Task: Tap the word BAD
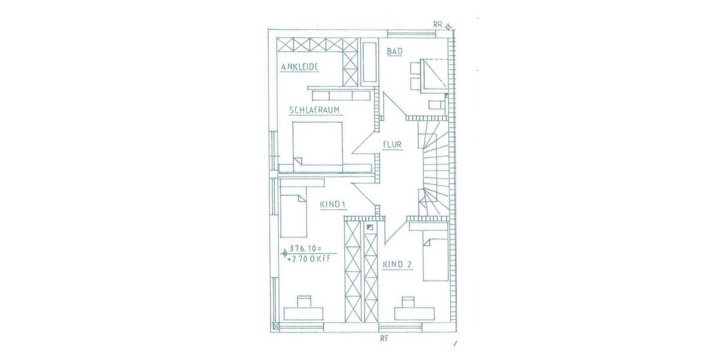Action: click(x=394, y=52)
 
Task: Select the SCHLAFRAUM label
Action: click(x=315, y=110)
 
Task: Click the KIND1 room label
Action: click(x=332, y=205)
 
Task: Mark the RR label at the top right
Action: click(x=438, y=24)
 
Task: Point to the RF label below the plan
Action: click(x=383, y=339)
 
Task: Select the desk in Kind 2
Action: click(x=415, y=313)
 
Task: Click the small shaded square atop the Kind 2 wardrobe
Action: click(x=369, y=227)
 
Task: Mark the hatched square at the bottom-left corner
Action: click(x=275, y=326)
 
